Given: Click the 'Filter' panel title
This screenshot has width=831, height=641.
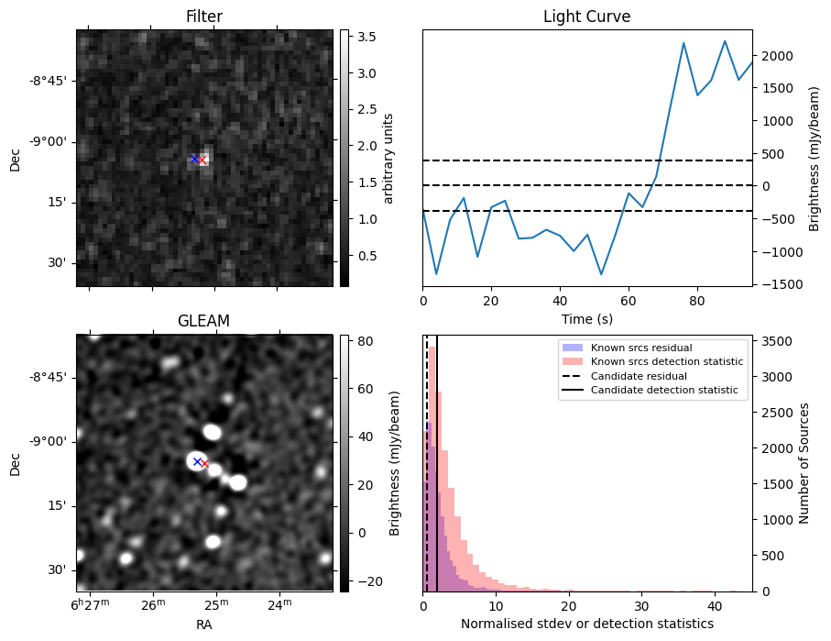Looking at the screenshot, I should pyautogui.click(x=203, y=17).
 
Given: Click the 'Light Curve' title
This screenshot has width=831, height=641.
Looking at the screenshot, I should pyautogui.click(x=586, y=17).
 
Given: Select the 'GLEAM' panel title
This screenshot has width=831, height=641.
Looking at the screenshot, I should pyautogui.click(x=203, y=320).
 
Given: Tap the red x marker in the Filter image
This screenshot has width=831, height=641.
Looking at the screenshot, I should pyautogui.click(x=202, y=160).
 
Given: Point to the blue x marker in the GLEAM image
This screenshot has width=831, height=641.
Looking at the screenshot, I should pyautogui.click(x=197, y=461).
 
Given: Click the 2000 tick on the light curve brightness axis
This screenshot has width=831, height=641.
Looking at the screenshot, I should pyautogui.click(x=772, y=56).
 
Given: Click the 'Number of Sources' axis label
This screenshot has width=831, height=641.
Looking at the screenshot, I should pyautogui.click(x=804, y=462).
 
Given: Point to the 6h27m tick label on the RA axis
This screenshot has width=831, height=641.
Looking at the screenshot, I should pyautogui.click(x=91, y=603).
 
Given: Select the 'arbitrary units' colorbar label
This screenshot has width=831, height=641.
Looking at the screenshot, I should pyautogui.click(x=388, y=158).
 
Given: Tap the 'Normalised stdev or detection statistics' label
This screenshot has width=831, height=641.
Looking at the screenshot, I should pyautogui.click(x=586, y=624).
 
